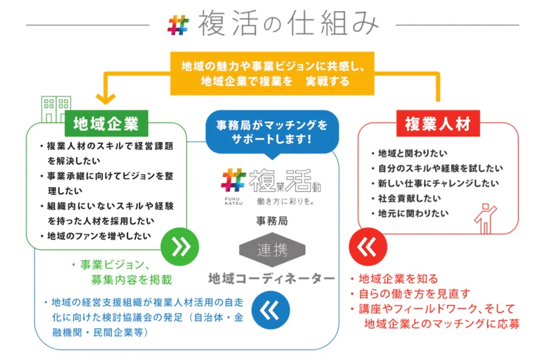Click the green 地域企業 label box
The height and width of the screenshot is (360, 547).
[106, 124]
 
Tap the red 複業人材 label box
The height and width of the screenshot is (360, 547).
[438, 124]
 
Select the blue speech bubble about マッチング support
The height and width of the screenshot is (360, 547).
[272, 133]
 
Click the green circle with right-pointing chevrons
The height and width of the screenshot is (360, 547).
[180, 247]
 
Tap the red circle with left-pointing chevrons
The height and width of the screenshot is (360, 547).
[368, 247]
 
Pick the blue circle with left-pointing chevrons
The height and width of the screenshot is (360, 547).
[271, 310]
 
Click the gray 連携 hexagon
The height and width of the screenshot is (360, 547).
[272, 250]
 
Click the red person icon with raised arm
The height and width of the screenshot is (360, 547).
[485, 219]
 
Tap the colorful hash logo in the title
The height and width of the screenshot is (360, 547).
[178, 25]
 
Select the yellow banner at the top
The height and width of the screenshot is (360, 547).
[272, 74]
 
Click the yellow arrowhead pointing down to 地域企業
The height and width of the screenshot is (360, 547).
[105, 98]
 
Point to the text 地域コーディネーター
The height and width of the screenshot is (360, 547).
[272, 279]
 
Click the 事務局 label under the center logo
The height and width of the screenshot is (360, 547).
[272, 221]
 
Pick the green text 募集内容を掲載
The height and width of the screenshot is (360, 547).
[132, 279]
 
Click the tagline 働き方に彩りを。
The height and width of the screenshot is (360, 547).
[286, 201]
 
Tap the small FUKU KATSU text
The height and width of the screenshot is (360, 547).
[233, 201]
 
